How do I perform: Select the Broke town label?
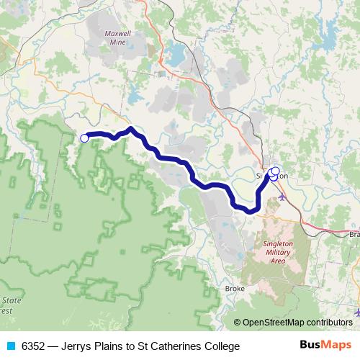[x=234, y=288]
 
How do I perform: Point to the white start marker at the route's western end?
[x=84, y=138]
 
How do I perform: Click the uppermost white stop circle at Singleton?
[x=275, y=171]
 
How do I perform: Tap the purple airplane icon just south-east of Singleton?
[x=281, y=196]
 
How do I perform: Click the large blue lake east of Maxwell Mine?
[x=175, y=53]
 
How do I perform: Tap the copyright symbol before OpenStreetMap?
[x=238, y=323]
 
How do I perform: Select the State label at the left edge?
[x=10, y=300]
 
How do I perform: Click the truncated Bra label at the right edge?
[x=354, y=235]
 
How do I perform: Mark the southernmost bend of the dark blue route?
[x=248, y=210]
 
